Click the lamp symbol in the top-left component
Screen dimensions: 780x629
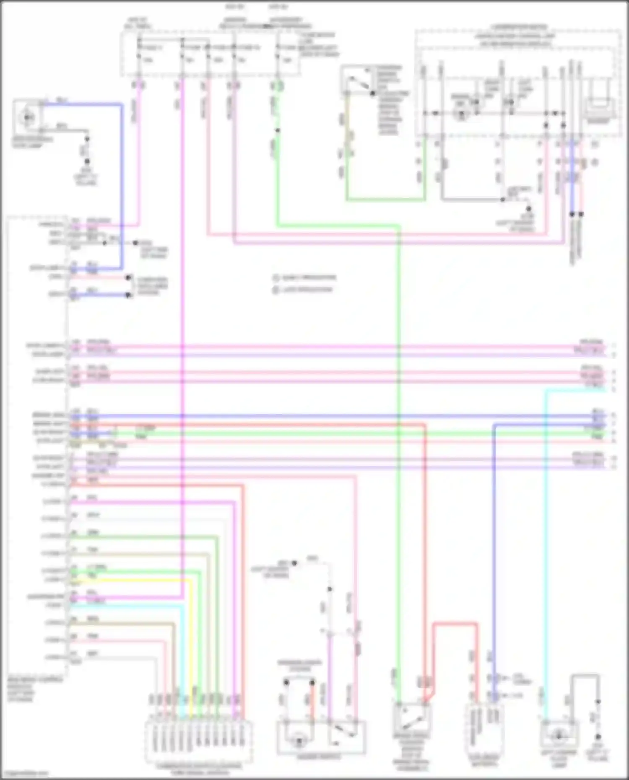coord(28,117)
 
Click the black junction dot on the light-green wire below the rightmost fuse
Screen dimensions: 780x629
coord(277,130)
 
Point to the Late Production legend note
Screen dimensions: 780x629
coord(304,290)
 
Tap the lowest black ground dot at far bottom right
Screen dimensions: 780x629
coord(598,736)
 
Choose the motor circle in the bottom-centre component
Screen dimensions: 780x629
coord(299,741)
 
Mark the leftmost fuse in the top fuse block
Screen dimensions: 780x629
coord(139,54)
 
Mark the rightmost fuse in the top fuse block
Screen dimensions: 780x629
coord(278,54)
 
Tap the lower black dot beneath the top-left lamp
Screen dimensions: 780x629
coord(87,161)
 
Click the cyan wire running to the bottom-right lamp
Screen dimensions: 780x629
coord(545,545)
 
